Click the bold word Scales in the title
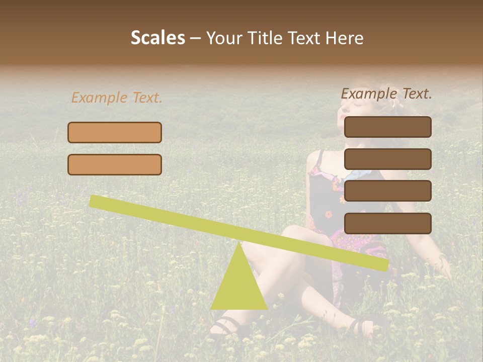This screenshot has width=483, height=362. [x=157, y=38]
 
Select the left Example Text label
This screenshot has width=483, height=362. [x=117, y=98]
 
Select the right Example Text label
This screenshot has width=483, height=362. [x=386, y=94]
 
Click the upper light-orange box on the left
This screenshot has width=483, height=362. [x=115, y=132]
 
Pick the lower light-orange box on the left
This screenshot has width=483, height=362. [x=115, y=164]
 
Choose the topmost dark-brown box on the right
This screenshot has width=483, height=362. [x=388, y=127]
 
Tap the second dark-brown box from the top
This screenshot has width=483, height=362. [x=388, y=159]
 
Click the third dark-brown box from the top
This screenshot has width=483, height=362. [x=388, y=191]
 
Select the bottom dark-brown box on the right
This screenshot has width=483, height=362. [x=388, y=223]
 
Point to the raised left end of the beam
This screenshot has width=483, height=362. [x=96, y=201]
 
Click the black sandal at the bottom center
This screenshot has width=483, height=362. [x=225, y=327]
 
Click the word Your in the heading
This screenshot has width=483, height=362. [x=223, y=38]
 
